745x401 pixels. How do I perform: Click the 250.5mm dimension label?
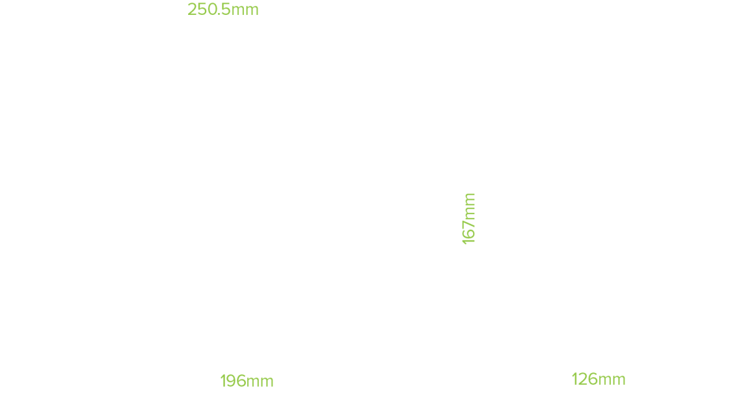[x=223, y=9]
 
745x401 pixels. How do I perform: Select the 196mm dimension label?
[x=247, y=381]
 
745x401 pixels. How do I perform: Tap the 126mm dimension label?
[x=598, y=379]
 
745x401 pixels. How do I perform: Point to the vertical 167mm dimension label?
[x=469, y=219]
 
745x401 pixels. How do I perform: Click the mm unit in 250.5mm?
[x=245, y=11]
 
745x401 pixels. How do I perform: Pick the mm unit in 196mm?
[x=260, y=382]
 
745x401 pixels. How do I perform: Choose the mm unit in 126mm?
[x=612, y=381]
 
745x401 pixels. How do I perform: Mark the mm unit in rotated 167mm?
[x=470, y=206]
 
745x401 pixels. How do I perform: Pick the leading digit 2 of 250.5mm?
[x=192, y=9]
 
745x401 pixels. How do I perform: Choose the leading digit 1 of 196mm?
[x=223, y=381]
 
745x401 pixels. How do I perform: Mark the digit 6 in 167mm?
[x=469, y=234]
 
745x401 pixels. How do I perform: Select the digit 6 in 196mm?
[x=241, y=381]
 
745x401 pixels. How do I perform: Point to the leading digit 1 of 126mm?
[x=574, y=379]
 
